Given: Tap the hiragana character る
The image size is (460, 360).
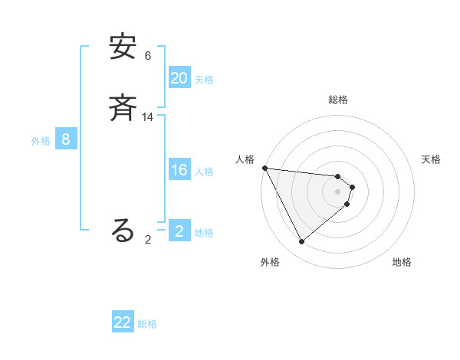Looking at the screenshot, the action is [123, 231].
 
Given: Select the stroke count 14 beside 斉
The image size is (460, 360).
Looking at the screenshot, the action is [148, 117].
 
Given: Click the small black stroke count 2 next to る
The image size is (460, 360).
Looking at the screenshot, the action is [148, 240].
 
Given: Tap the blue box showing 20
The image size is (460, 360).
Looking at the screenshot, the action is [179, 78].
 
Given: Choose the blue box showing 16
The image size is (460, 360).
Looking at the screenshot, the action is [179, 170].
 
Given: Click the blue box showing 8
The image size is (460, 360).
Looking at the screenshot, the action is [66, 139].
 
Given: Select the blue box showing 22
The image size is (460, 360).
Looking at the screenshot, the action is [123, 322].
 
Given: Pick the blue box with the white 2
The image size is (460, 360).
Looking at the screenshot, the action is [179, 231].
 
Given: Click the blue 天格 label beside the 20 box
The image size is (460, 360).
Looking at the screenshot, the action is [204, 80].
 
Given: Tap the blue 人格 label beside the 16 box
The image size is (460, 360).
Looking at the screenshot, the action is [204, 172].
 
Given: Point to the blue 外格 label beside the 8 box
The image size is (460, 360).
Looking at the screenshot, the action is [41, 141].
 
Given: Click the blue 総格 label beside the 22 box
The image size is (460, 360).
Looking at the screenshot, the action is [148, 324].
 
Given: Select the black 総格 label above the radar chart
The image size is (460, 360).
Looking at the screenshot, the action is [338, 100].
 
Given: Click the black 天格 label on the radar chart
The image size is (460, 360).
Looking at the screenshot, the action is [432, 159].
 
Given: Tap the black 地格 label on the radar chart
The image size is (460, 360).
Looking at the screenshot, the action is [402, 263].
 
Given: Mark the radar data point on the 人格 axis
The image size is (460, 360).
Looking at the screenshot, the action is [264, 168].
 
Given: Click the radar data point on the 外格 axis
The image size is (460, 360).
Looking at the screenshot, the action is [301, 242].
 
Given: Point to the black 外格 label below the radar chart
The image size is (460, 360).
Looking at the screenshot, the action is [270, 263].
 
